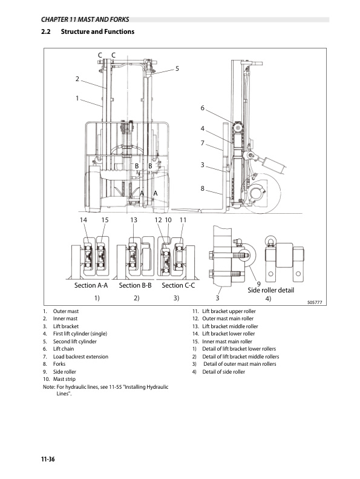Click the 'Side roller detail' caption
tap(271, 291)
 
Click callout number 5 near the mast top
tap(177, 68)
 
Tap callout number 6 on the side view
tap(203, 108)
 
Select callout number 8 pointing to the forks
tap(203, 188)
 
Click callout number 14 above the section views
tap(84, 219)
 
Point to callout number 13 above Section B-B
tap(134, 219)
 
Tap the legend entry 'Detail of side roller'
tap(224, 372)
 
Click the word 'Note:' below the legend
tap(46, 387)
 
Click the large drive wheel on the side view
tap(266, 194)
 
